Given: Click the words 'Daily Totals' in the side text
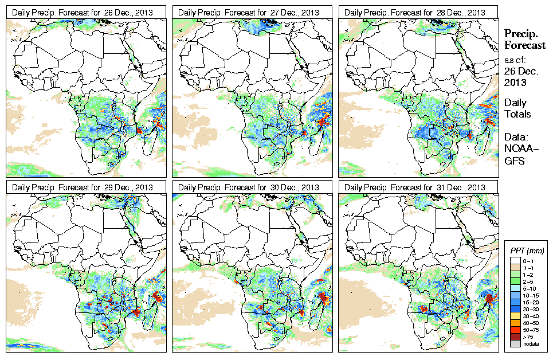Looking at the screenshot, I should pyautogui.click(x=517, y=108).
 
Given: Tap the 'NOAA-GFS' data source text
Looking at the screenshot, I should pyautogui.click(x=517, y=153).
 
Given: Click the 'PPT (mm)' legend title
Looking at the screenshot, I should pyautogui.click(x=527, y=251).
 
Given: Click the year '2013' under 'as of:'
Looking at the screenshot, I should pyautogui.click(x=514, y=83).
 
